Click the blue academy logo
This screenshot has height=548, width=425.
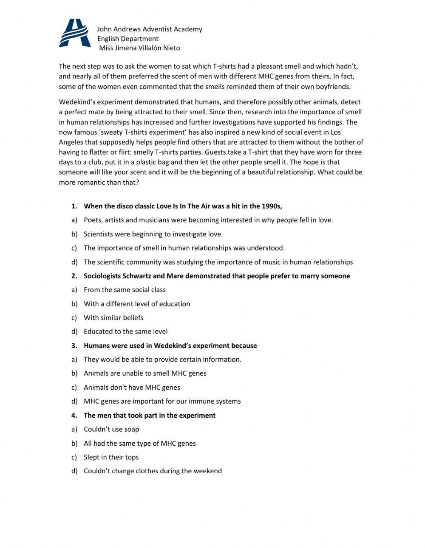point(75,33)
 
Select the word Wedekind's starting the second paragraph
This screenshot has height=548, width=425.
point(78,102)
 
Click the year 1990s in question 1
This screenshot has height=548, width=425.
point(272,206)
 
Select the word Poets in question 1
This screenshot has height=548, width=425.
point(92,220)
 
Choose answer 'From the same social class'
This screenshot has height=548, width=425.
point(125,290)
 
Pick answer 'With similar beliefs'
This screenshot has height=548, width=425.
point(113,318)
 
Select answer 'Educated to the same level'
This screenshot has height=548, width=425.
point(125,332)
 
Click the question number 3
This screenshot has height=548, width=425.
point(74,346)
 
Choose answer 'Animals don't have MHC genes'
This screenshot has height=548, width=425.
point(132,388)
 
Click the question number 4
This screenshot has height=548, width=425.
point(74,416)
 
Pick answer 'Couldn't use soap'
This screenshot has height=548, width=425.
point(111,429)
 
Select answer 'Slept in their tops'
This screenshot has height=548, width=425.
point(111,457)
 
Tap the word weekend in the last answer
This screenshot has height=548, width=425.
point(207,471)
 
